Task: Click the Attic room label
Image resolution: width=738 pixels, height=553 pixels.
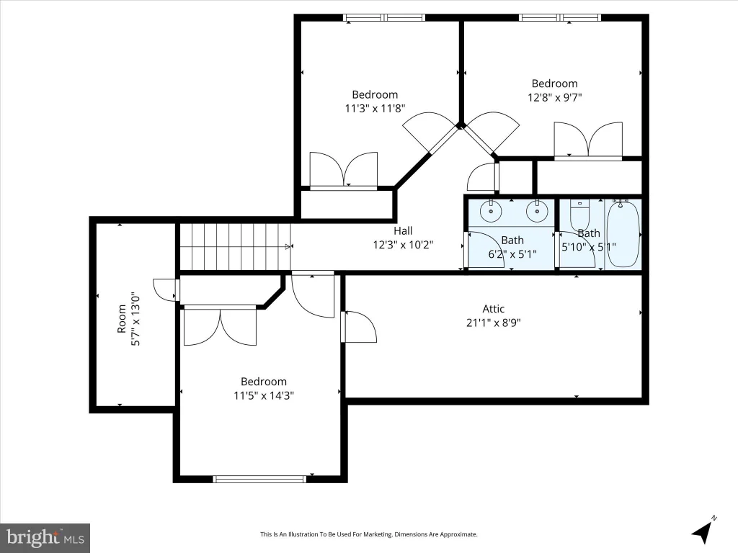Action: [493, 309]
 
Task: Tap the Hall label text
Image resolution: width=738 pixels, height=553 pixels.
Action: [403, 231]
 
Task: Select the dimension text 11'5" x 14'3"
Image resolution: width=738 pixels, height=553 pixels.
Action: [264, 395]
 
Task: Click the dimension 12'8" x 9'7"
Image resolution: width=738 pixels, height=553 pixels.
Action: [554, 97]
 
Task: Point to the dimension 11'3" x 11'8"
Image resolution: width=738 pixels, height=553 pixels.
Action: [375, 109]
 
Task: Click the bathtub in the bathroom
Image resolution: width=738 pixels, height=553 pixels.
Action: [623, 234]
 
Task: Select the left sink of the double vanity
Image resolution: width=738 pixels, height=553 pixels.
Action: [491, 211]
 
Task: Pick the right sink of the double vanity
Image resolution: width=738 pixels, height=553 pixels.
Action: [535, 211]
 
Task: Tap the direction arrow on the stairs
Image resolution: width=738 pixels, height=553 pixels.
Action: [289, 246]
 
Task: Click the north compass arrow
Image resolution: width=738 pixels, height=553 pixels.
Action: [702, 531]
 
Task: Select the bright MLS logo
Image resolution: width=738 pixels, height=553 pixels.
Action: [45, 538]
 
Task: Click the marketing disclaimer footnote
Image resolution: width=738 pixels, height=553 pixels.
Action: [369, 534]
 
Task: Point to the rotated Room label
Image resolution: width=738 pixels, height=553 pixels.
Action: [122, 319]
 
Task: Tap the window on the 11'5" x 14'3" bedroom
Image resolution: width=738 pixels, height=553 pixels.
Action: [259, 479]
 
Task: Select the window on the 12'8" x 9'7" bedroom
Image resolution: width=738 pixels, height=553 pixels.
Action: [560, 18]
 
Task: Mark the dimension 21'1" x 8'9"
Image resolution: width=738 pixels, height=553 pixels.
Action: [493, 323]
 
